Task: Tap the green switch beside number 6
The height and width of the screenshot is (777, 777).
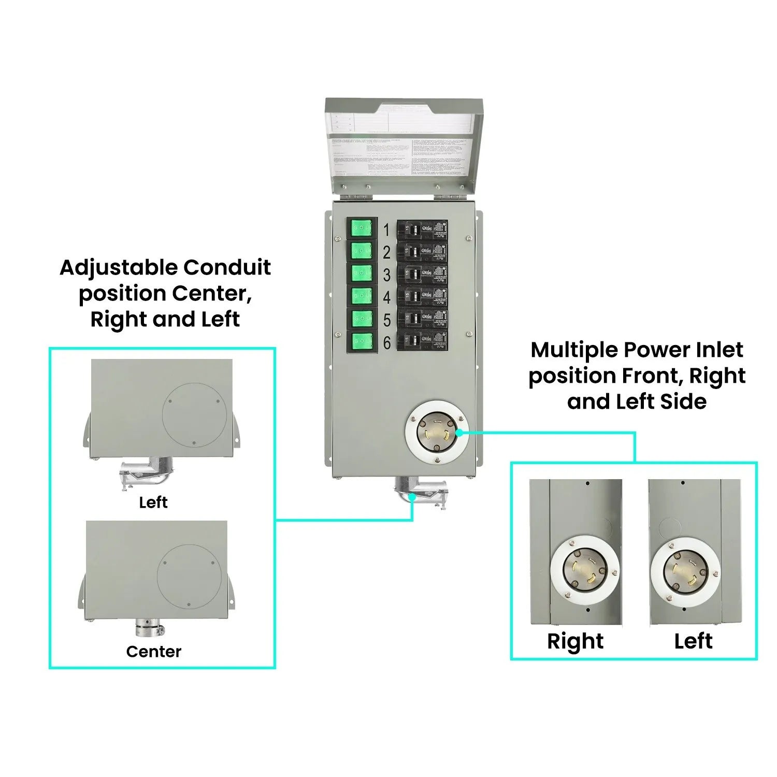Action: [x=362, y=342]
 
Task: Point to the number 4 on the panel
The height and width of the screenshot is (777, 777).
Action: [x=386, y=298]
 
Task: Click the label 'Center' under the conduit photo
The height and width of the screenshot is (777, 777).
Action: [x=154, y=652]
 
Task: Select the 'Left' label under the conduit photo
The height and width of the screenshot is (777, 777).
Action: [x=153, y=502]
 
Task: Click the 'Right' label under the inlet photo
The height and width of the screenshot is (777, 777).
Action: [x=575, y=641]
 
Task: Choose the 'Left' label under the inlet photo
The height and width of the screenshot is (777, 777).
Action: [x=693, y=641]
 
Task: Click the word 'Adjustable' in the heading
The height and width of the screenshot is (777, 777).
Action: [x=119, y=268]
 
